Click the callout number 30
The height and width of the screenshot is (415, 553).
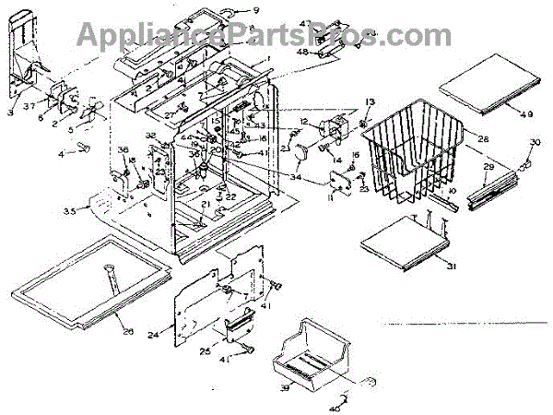pos(534,143)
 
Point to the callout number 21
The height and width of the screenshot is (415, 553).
pos(205,204)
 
